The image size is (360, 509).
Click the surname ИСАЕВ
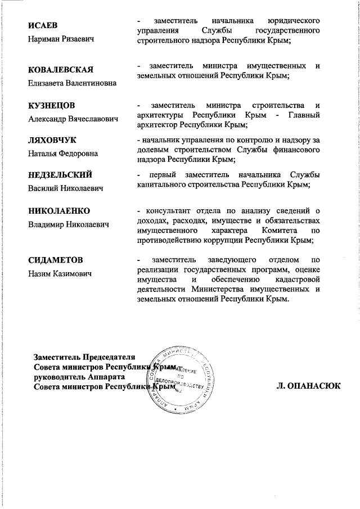pyautogui.click(x=43, y=26)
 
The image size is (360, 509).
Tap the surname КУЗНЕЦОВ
pyautogui.click(x=52, y=105)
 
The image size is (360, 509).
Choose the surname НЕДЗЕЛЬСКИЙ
pyautogui.click(x=60, y=175)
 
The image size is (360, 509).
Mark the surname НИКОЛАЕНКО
pyautogui.click(x=59, y=211)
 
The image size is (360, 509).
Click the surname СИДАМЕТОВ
pyautogui.click(x=56, y=260)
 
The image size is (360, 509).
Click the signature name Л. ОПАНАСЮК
pyautogui.click(x=308, y=386)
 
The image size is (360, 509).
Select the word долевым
pyautogui.click(x=153, y=150)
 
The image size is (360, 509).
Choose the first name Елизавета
pyautogui.click(x=48, y=83)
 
